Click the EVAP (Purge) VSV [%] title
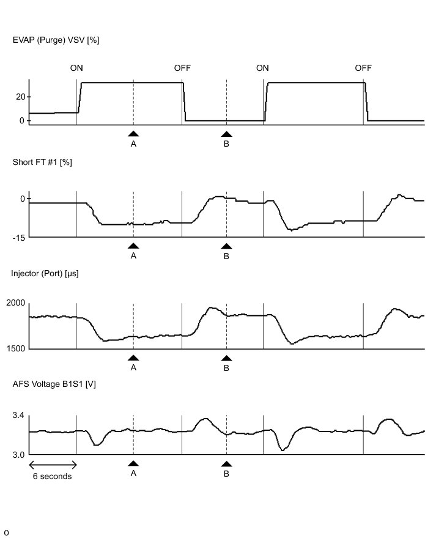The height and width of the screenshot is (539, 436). point(56,40)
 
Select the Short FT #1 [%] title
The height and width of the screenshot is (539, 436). point(42,162)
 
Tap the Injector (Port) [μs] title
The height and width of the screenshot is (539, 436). point(45,273)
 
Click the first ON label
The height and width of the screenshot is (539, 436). point(76,68)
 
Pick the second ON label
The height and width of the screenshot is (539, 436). point(262,68)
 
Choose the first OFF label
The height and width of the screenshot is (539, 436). point(182,68)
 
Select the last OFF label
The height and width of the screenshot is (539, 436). point(363,68)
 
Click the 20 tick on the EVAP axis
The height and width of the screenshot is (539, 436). point(20,97)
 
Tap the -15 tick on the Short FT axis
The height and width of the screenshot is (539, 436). point(18,237)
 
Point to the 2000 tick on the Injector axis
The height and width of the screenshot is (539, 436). point(15,303)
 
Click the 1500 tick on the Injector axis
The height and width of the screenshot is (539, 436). point(15,349)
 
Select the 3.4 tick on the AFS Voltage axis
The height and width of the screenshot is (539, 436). point(18,416)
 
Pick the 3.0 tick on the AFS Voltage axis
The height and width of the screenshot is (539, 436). point(18,455)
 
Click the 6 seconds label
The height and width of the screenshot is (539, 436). point(52,477)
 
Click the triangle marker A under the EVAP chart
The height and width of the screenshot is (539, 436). point(133,133)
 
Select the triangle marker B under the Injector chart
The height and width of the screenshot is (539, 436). point(226,358)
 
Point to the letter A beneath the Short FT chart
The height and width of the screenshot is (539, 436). point(133,256)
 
